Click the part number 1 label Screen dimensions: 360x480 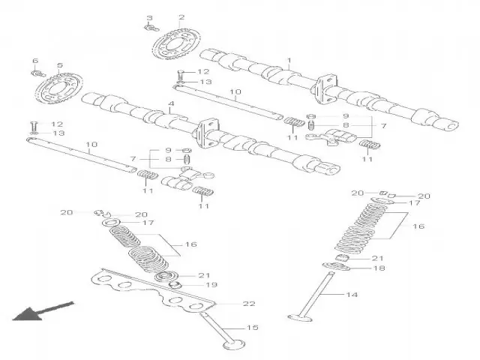[289, 60]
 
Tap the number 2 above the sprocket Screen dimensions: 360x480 [181, 17]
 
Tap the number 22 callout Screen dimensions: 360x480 [248, 304]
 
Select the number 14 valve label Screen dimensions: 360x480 [352, 295]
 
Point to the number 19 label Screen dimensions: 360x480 [211, 285]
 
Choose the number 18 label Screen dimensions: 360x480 [379, 268]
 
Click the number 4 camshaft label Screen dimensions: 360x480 [171, 103]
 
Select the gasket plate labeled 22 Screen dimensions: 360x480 [150, 288]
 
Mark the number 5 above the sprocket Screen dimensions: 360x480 [59, 66]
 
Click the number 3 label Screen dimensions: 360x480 [148, 17]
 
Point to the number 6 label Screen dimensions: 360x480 [34, 61]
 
